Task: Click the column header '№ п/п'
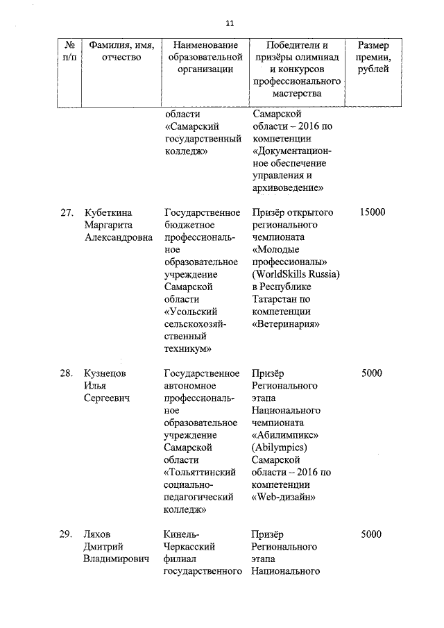point(67,51)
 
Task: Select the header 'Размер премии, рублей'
point(379,57)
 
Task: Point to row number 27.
point(67,212)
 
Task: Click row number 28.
point(67,373)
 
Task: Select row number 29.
point(67,534)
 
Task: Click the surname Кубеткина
point(108,212)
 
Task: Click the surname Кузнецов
point(107,373)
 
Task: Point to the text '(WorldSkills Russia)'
point(296,274)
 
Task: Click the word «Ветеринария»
point(286,324)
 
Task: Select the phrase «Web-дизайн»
point(282,497)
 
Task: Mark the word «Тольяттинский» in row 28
point(200,473)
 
